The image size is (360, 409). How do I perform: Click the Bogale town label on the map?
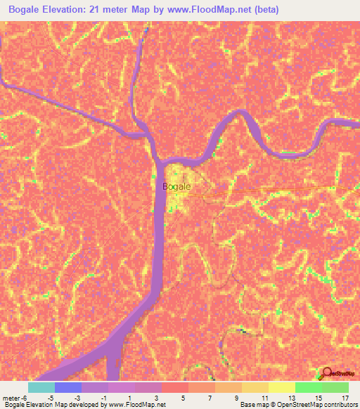(x=176, y=187)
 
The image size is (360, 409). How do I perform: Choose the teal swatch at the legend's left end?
(x=41, y=387)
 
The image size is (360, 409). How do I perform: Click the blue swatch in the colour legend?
(x=68, y=387)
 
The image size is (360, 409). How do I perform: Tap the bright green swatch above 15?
(x=309, y=387)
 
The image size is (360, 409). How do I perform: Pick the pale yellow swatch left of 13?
(x=282, y=387)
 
